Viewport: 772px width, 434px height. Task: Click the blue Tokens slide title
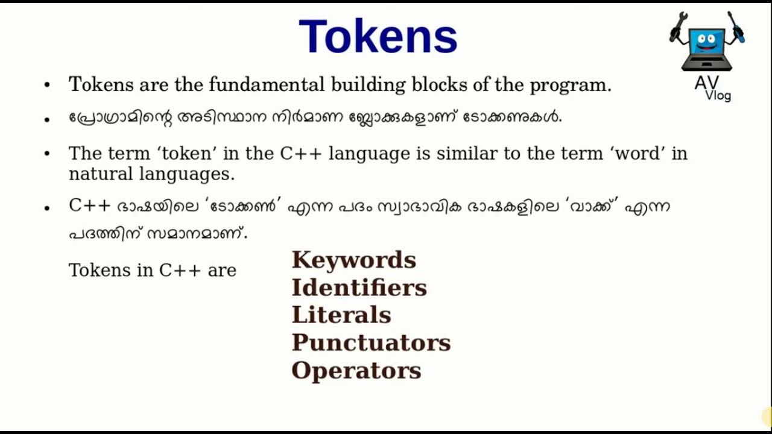pyautogui.click(x=378, y=37)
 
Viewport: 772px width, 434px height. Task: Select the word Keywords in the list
pyautogui.click(x=353, y=260)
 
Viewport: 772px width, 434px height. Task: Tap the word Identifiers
pyautogui.click(x=359, y=288)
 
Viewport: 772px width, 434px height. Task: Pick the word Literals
pyautogui.click(x=341, y=315)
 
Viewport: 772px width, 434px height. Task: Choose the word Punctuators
pyautogui.click(x=371, y=343)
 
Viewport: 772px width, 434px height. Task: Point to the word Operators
pyautogui.click(x=356, y=371)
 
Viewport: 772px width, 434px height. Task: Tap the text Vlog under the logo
pyautogui.click(x=718, y=95)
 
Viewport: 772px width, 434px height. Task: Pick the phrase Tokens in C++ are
pyautogui.click(x=153, y=270)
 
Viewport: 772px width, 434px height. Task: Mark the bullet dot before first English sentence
pyautogui.click(x=47, y=85)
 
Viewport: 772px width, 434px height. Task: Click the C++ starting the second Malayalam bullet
pyautogui.click(x=89, y=206)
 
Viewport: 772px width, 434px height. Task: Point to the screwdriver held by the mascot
pyautogui.click(x=736, y=27)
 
